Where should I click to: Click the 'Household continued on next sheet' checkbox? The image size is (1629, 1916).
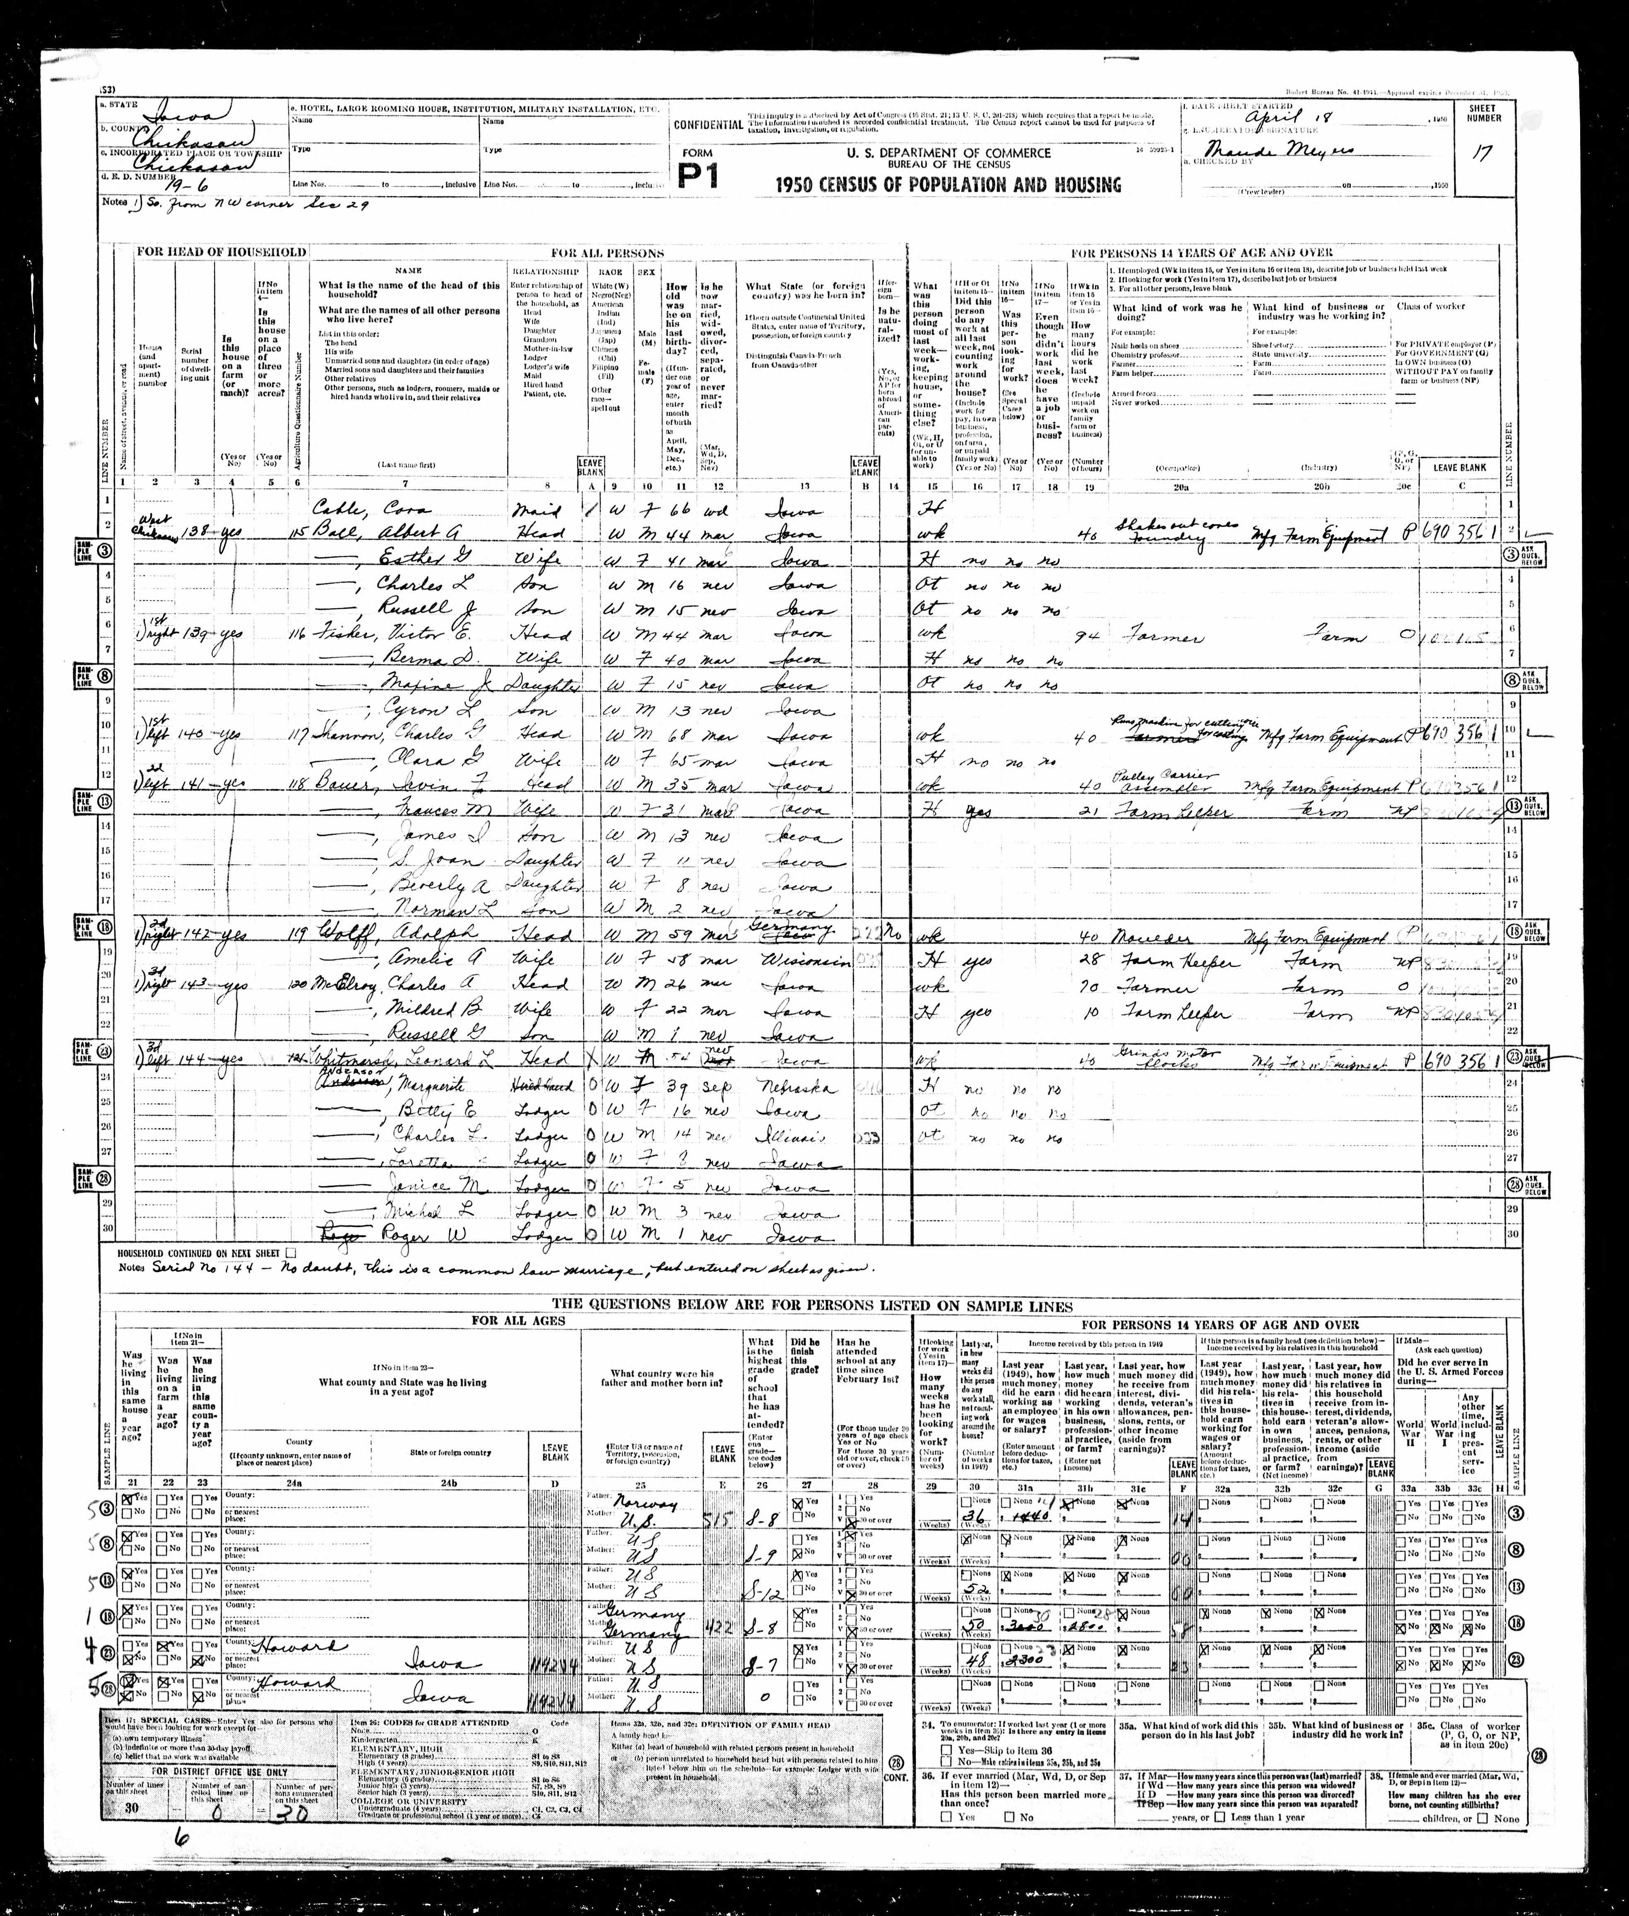tap(291, 1253)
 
